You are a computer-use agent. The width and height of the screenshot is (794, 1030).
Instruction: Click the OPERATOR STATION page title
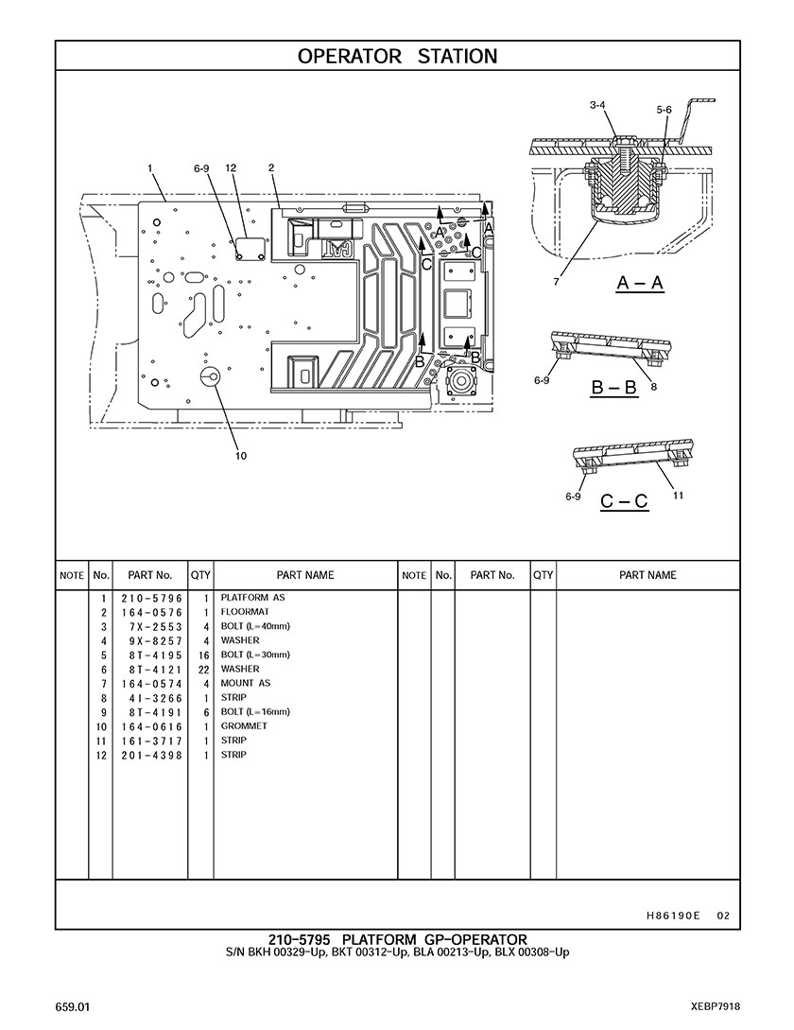pyautogui.click(x=397, y=57)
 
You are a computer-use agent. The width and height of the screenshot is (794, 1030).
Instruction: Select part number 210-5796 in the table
pyautogui.click(x=151, y=599)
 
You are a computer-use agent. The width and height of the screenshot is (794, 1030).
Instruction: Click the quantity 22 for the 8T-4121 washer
pyautogui.click(x=203, y=670)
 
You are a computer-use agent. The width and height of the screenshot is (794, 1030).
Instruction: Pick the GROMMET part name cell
pyautogui.click(x=244, y=725)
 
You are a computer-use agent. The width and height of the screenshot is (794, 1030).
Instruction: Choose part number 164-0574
pyautogui.click(x=151, y=684)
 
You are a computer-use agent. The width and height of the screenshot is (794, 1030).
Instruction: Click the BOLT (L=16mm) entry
pyautogui.click(x=255, y=711)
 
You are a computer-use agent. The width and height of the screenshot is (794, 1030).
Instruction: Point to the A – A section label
pyautogui.click(x=640, y=283)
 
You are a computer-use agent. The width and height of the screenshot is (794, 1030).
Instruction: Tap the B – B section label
pyautogui.click(x=614, y=387)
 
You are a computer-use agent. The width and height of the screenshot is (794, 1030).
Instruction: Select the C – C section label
pyautogui.click(x=624, y=502)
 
